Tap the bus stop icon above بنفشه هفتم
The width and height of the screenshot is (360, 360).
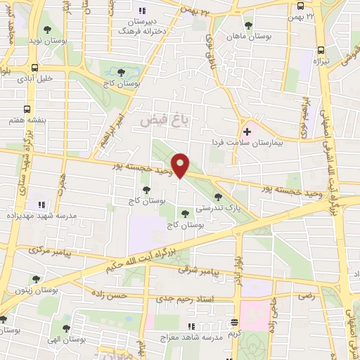coord(27,109)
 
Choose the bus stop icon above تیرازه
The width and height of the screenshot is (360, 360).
coord(321,50)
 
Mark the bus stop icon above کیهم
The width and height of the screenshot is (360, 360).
coord(235,322)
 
